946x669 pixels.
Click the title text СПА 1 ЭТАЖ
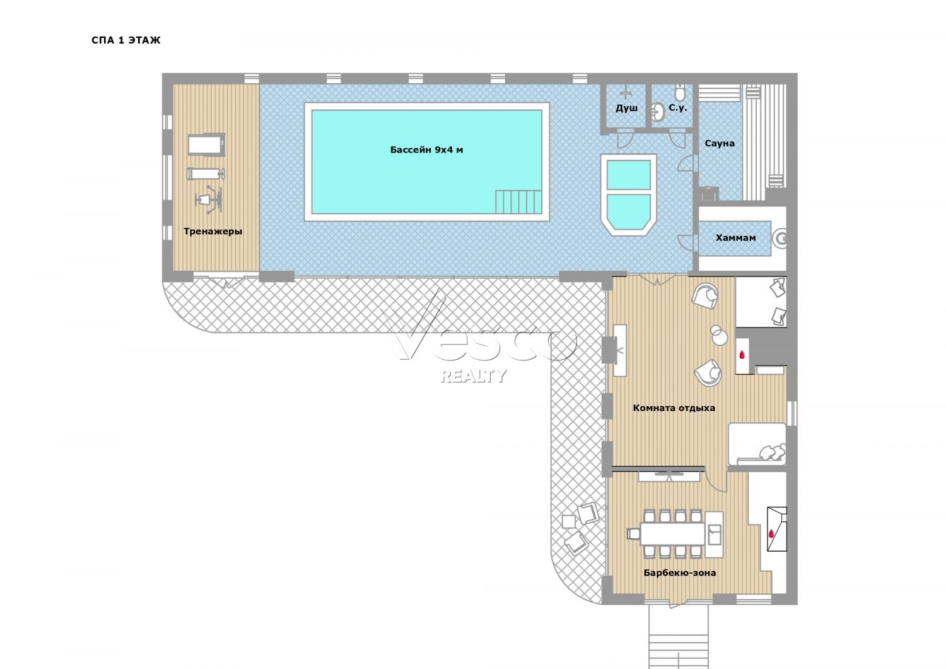point(126,40)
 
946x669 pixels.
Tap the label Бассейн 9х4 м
point(426,150)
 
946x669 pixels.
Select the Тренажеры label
point(213,232)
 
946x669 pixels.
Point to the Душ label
point(627,108)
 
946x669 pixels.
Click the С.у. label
point(678,108)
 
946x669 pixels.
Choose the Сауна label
point(720,143)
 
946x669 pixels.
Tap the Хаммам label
point(736,237)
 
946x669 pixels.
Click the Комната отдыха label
point(674,408)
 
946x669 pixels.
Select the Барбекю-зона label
point(680,572)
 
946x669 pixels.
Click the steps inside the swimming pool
point(518,201)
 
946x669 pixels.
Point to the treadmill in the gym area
point(206,145)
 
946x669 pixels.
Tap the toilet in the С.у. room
point(680,93)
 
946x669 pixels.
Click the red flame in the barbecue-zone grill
point(772,533)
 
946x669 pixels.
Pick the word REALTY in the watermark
point(473,376)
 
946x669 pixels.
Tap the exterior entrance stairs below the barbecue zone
point(680,637)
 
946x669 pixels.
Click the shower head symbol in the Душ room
point(627,92)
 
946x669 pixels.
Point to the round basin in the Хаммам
point(780,239)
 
